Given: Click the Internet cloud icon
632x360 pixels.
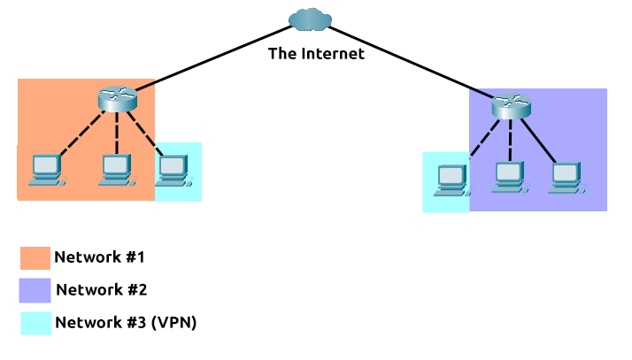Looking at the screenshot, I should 309,19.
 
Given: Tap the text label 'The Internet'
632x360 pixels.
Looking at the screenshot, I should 316,54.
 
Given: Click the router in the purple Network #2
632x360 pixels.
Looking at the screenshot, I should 511,107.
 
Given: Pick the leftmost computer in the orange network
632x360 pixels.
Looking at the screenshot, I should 44,169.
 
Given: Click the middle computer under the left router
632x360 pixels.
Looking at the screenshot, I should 115,169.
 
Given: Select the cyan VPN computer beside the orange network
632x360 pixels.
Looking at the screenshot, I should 173,170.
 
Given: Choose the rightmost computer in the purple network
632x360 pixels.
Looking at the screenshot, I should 564,177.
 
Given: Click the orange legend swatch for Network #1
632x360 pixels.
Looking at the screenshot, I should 35,257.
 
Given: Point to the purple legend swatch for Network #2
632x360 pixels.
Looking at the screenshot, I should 35,290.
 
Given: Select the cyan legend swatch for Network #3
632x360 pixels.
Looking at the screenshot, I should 35,323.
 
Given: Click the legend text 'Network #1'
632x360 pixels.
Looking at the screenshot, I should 99,257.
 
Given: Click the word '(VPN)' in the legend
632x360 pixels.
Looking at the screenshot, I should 174,323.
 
